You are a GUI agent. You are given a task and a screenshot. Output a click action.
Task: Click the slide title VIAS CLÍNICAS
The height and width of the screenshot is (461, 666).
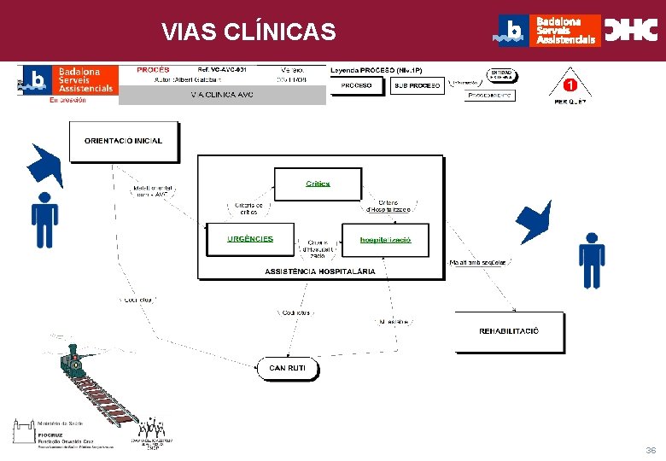[x=249, y=32]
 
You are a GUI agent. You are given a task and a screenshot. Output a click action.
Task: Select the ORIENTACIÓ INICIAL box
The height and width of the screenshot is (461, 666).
[x=123, y=141]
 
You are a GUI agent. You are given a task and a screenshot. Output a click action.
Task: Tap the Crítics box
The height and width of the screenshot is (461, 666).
[x=318, y=184]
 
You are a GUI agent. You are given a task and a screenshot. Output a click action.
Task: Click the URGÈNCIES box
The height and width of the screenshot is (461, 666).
[x=250, y=239]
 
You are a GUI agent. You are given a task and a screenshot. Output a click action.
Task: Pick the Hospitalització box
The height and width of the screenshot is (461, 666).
[x=384, y=240]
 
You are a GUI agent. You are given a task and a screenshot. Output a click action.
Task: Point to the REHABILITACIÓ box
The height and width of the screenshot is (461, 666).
[x=509, y=331]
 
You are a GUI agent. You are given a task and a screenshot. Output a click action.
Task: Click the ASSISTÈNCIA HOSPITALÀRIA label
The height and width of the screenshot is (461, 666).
[x=319, y=271]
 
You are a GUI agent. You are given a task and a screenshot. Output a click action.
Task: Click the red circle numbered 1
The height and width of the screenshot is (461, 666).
[x=570, y=86]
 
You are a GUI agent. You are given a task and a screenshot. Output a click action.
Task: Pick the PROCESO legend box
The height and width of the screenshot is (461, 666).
[x=356, y=86]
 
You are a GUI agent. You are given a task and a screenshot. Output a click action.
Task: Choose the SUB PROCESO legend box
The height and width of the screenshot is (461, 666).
[x=418, y=86]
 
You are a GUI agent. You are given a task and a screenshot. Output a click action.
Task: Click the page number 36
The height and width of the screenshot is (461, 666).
[x=651, y=450]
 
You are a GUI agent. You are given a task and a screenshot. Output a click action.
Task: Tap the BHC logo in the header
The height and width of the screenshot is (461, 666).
[x=631, y=31]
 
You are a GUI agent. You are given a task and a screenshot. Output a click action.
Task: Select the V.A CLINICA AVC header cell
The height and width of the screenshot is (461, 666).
[x=222, y=95]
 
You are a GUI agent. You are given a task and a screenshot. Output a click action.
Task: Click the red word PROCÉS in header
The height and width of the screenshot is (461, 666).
[x=153, y=69]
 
